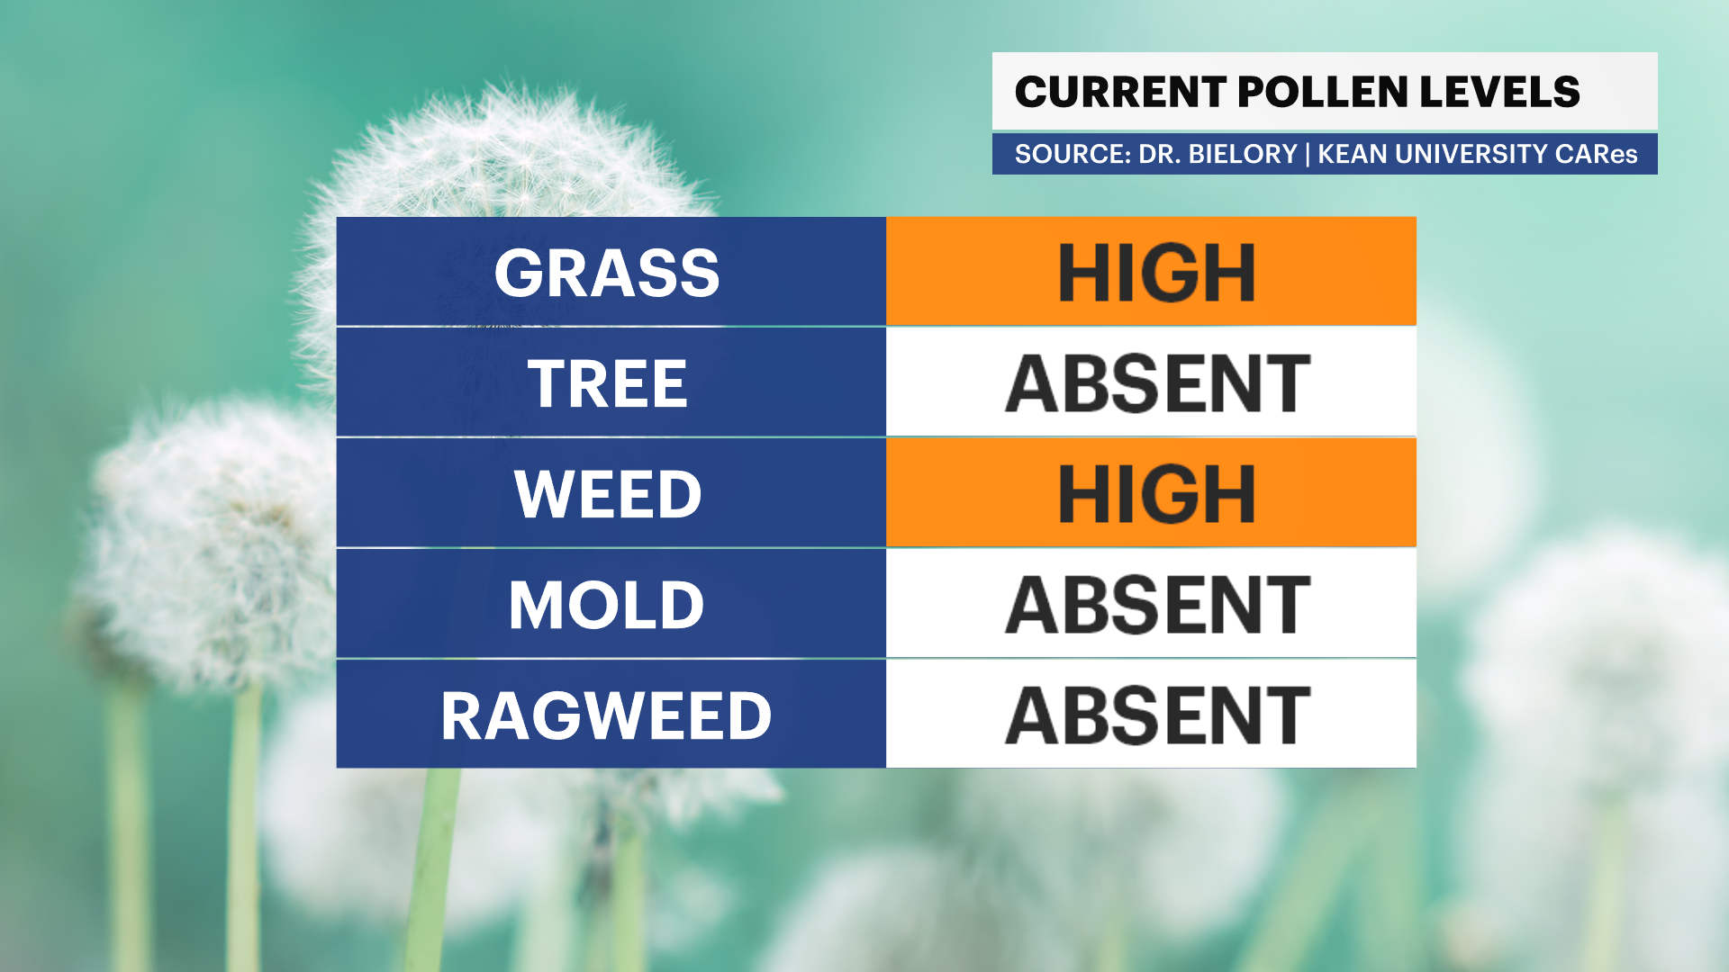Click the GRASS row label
click(607, 273)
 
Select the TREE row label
click(608, 383)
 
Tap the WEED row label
click(608, 494)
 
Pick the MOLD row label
click(607, 605)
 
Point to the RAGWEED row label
click(607, 716)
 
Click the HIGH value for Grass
click(1157, 273)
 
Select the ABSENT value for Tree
click(1157, 383)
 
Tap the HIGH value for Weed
click(1157, 494)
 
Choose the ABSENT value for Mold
click(1157, 605)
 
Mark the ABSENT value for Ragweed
click(1157, 716)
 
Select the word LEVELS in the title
click(1500, 92)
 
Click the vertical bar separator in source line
click(1308, 154)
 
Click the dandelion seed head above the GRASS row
click(504, 153)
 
